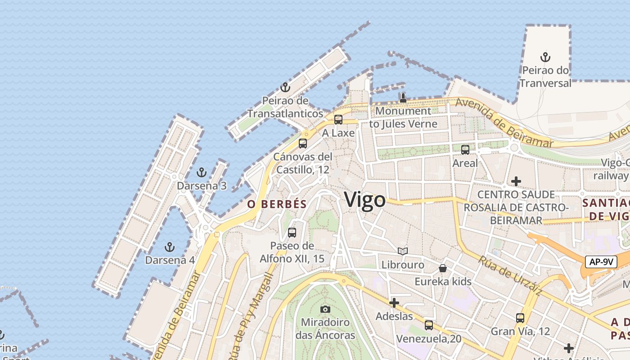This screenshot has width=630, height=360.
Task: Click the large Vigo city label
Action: click(x=365, y=200)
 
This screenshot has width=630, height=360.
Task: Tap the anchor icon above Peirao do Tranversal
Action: click(x=545, y=57)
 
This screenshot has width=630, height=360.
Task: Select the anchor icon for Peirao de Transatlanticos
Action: click(x=285, y=87)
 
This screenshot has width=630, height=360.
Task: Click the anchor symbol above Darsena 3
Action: click(x=202, y=172)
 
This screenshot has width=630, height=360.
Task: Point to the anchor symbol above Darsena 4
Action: click(x=170, y=247)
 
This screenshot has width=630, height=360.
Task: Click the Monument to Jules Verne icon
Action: click(x=403, y=98)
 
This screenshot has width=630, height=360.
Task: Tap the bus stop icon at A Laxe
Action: click(x=338, y=120)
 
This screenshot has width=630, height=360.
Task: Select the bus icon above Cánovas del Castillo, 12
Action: click(x=303, y=144)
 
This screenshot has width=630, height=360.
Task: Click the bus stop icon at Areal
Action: click(x=465, y=150)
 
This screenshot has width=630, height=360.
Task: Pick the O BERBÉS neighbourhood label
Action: click(x=277, y=204)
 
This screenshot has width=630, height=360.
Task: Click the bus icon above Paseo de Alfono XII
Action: click(x=292, y=233)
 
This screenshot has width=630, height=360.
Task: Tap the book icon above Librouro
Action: click(x=403, y=252)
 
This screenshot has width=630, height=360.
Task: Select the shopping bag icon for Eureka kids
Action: click(x=443, y=269)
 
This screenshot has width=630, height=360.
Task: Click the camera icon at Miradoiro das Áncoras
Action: click(x=325, y=309)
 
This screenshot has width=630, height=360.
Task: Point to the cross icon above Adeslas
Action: click(x=394, y=303)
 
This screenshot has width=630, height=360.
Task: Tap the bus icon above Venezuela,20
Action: click(x=429, y=325)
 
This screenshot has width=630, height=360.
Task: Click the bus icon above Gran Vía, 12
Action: click(x=520, y=318)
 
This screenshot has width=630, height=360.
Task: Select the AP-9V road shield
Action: click(x=601, y=262)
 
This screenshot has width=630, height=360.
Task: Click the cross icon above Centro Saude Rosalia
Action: click(x=516, y=181)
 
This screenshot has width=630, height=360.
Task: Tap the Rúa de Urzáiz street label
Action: click(x=510, y=275)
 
